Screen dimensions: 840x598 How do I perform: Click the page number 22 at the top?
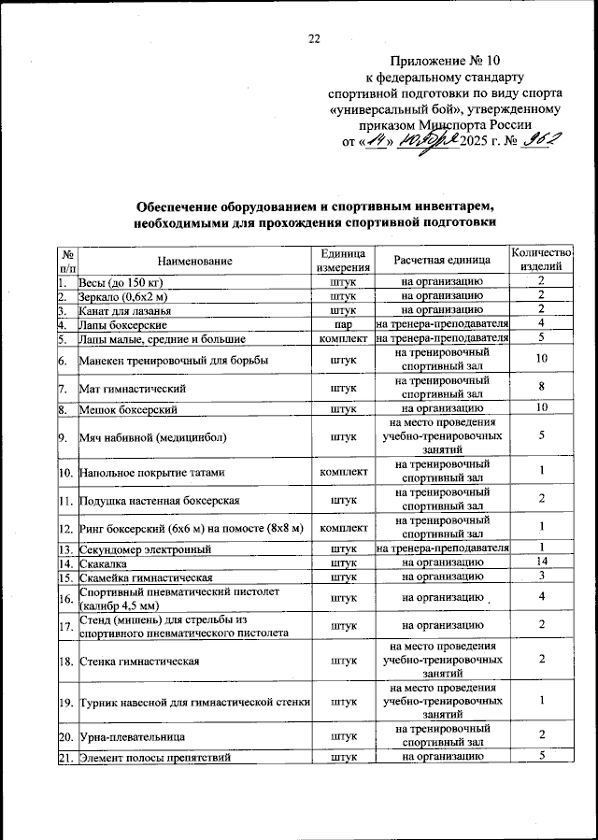click(x=315, y=38)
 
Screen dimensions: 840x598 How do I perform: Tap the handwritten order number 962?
click(x=543, y=140)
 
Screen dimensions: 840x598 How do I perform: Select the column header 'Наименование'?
click(x=194, y=261)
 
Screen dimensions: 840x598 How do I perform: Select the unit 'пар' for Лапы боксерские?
click(x=343, y=324)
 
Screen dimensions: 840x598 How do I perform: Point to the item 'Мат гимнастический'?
click(x=129, y=388)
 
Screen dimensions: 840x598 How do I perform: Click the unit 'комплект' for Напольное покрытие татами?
click(x=343, y=472)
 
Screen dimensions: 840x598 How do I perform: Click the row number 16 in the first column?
click(x=65, y=598)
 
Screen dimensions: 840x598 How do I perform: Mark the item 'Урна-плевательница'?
click(x=128, y=737)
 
